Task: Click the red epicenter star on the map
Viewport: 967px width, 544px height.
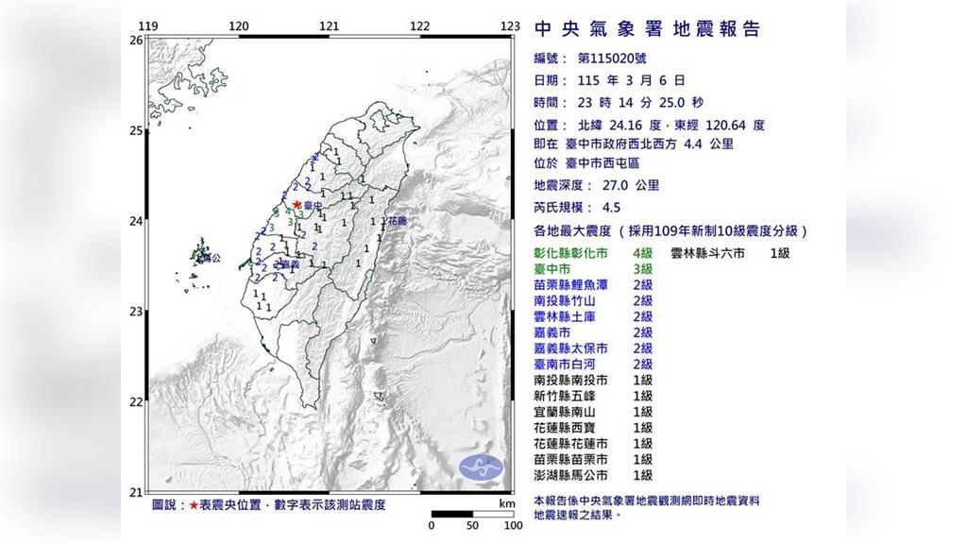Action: pos(297,203)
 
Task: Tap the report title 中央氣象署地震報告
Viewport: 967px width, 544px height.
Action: pos(647,29)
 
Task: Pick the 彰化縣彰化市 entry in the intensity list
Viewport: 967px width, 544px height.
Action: pos(570,254)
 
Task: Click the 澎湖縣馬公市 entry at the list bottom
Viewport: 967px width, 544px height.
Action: pos(570,476)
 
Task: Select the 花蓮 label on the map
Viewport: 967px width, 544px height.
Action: pos(397,221)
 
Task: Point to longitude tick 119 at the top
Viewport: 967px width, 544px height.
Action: pos(148,25)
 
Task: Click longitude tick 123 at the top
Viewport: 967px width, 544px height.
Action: pos(510,25)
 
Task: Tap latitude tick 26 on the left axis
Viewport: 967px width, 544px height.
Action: pos(135,41)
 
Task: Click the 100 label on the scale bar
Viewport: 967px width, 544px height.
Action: pos(513,525)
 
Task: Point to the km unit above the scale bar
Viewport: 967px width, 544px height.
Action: pos(506,504)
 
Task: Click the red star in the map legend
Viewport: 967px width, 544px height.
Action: pos(194,505)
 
